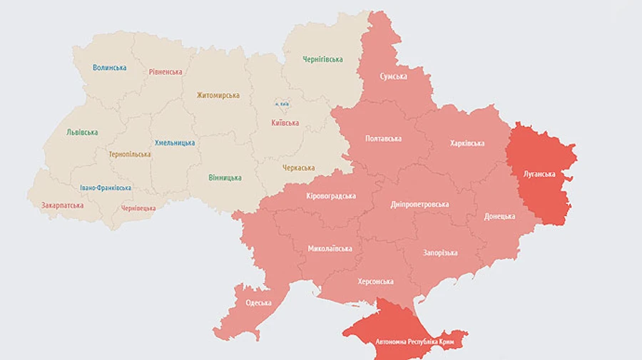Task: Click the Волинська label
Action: click(109, 68)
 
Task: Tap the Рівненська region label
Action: click(165, 72)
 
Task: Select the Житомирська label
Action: click(218, 95)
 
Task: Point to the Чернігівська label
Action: click(322, 59)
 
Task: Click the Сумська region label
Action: click(393, 76)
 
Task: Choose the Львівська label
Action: click(82, 132)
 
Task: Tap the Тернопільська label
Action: click(129, 154)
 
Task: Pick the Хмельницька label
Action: click(175, 143)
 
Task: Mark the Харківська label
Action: click(467, 143)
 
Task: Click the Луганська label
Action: click(539, 174)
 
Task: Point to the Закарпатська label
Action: click(62, 205)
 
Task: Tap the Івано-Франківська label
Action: click(106, 188)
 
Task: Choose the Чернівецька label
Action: click(138, 208)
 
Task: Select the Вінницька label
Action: click(225, 178)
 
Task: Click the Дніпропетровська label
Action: click(420, 204)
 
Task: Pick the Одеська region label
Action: click(258, 302)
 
